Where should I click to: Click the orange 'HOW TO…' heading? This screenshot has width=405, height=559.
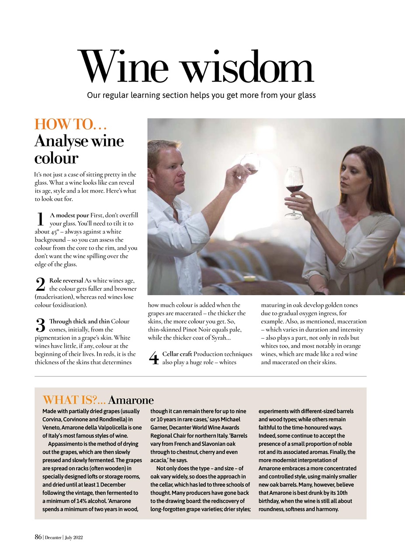pos(71,124)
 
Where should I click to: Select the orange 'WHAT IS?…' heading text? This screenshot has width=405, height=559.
pos(74,400)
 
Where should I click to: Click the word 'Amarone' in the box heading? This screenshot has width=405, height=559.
pos(131,400)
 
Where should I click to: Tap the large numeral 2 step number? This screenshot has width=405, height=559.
pos(40,285)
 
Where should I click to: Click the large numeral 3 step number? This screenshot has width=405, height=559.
pos(40,325)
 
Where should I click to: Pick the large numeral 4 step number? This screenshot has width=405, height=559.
pos(153,358)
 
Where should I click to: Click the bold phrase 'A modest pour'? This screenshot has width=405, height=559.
pos(69,215)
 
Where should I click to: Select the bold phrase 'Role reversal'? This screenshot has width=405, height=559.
pos(66,280)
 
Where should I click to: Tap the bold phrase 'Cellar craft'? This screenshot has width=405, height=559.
pos(177,354)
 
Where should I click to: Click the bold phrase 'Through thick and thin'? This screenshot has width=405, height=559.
pos(80,321)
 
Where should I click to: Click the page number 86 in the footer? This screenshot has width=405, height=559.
pos(38,537)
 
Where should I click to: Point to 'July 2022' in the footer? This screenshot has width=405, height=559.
pos(74,538)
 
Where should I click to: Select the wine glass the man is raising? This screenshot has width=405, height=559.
pos(251,164)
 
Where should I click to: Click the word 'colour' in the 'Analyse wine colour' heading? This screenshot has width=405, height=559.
pos(56,158)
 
